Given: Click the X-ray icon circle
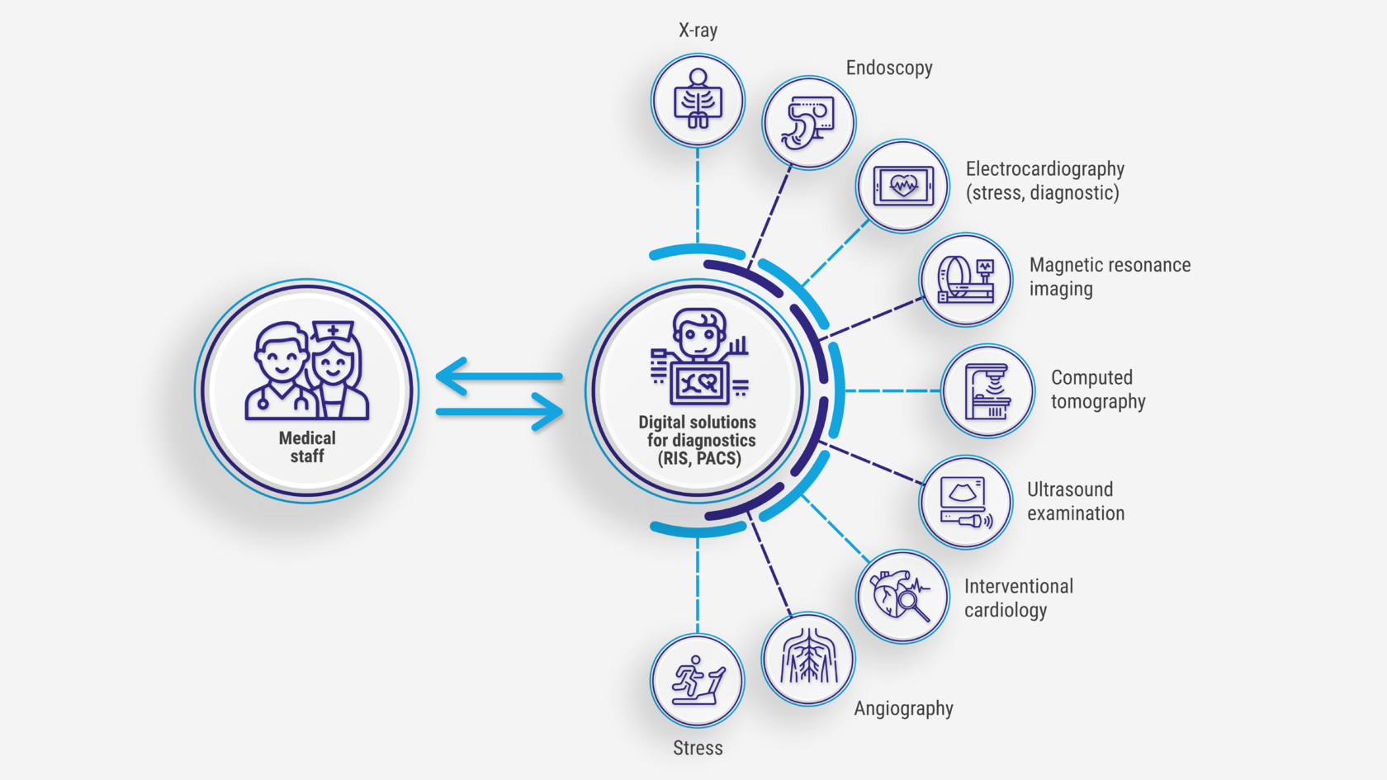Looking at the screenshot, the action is coord(698,101).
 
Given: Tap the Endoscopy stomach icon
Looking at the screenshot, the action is coord(808,123).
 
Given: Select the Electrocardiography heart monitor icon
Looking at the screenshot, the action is coord(902,186).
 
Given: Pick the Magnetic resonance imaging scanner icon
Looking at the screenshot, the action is coord(965,280).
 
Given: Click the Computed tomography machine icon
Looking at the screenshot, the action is coord(987,391).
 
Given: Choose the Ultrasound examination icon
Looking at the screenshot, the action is coord(965,502).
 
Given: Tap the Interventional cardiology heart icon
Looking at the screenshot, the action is coord(902,596).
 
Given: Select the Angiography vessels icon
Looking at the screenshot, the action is coord(808,659).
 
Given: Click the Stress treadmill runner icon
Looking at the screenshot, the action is coord(698,681).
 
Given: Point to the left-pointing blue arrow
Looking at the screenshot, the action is coord(499,376).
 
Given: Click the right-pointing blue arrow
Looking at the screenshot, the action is coord(500,411).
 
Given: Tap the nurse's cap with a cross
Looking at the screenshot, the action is coord(333,332).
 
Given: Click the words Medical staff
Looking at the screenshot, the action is coord(307,447).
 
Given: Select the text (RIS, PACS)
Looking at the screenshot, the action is coord(699,459).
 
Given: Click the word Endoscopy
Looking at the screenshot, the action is coord(889,68).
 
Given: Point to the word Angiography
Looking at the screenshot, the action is coord(903,708).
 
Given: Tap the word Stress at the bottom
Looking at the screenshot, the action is coord(698,748).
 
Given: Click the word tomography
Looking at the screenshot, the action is coord(1098,402).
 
